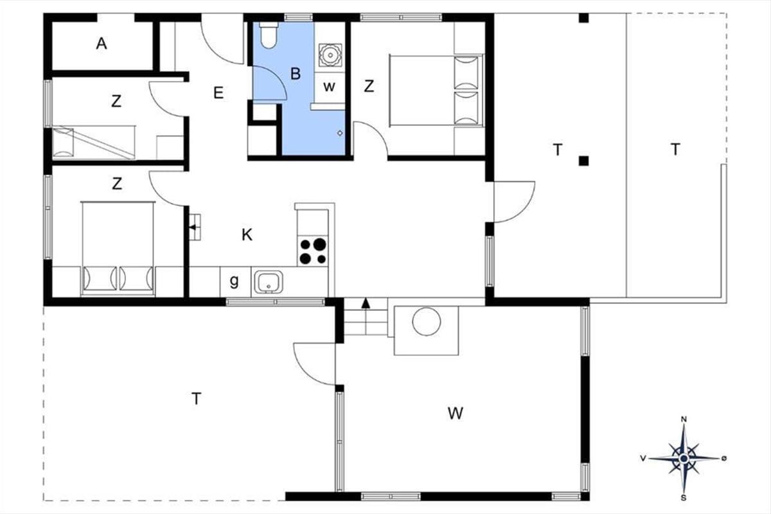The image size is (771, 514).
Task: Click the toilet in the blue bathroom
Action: click(269, 35)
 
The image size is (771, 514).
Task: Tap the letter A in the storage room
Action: click(102, 44)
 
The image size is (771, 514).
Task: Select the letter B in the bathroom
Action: click(296, 74)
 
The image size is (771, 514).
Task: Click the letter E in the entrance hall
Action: click(218, 93)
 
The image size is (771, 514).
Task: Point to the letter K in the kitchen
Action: click(247, 235)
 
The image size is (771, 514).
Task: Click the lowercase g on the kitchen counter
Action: click(234, 281)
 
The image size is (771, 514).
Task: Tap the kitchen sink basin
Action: click(269, 282)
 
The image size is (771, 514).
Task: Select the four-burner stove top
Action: click(313, 251)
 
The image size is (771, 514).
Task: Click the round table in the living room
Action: click(427, 321)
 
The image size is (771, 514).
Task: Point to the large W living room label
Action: click(456, 413)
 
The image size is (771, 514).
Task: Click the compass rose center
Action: click(684, 459)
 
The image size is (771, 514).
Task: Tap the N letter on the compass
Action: click(684, 420)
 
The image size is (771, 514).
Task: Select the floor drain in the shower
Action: click(340, 133)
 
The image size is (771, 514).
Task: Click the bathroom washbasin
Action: click(330, 55)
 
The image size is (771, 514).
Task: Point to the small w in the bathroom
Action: click(330, 87)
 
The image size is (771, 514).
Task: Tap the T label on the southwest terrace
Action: click(196, 398)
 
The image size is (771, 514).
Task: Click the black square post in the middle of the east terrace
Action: click(583, 161)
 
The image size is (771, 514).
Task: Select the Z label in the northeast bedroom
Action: click(369, 86)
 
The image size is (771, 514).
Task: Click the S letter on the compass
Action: click(684, 498)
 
